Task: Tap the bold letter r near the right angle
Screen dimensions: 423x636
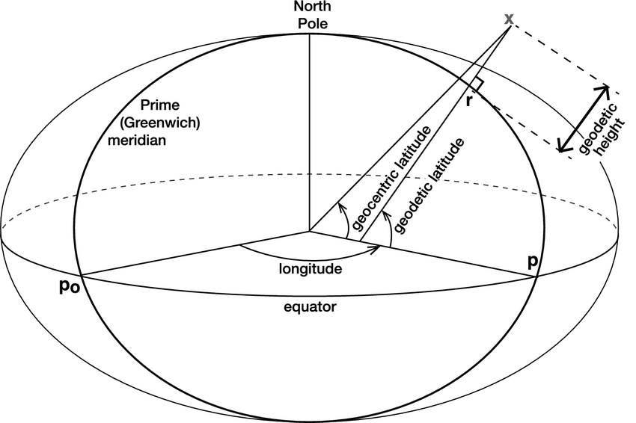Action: pos(468,101)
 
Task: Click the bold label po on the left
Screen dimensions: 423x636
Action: pos(70,287)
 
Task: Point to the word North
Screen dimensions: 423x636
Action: pos(310,8)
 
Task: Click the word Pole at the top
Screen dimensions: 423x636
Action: pos(310,23)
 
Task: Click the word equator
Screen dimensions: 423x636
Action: pos(311,308)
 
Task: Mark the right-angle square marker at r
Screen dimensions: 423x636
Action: pos(477,84)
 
